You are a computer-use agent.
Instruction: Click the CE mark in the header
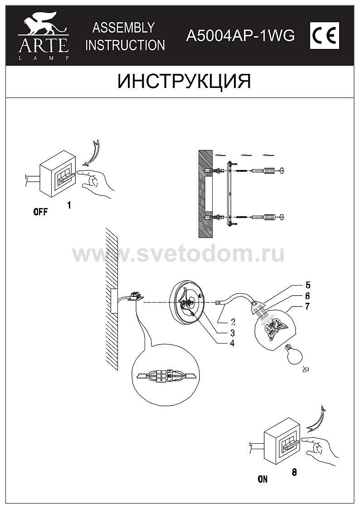(325, 36)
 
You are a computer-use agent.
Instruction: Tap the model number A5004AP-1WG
(241, 36)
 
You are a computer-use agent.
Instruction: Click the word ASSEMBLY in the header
(123, 28)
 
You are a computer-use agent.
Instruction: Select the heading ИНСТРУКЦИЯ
(184, 81)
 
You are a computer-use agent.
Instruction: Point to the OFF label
(40, 212)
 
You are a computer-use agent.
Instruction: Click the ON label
(263, 479)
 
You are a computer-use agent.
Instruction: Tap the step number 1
(69, 205)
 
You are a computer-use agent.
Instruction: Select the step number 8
(294, 472)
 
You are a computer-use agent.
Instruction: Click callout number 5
(308, 285)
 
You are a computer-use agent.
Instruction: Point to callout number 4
(232, 343)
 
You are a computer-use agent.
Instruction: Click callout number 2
(233, 322)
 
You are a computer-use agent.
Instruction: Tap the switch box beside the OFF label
(58, 178)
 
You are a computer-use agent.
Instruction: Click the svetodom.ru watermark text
(178, 254)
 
